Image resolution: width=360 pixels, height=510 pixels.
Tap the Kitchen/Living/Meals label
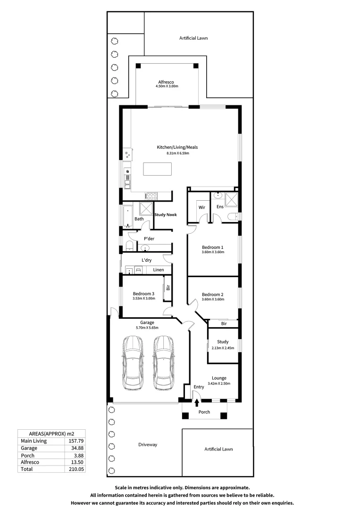click(x=177, y=147)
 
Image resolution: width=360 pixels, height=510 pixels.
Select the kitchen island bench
click(x=157, y=169)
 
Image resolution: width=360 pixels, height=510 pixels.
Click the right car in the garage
click(x=164, y=362)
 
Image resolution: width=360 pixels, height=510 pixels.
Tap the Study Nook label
click(x=166, y=215)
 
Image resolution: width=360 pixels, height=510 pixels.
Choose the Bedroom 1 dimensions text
click(x=213, y=252)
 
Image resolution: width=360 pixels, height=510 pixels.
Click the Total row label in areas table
click(x=26, y=469)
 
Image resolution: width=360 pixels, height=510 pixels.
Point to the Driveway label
click(x=148, y=445)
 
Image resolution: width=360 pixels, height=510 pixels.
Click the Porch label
click(x=204, y=412)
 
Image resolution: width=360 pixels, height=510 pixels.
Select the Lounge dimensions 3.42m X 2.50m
click(x=219, y=384)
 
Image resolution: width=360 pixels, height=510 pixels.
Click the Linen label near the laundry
click(x=159, y=270)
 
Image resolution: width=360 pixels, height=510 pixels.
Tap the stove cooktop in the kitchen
click(x=151, y=195)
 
